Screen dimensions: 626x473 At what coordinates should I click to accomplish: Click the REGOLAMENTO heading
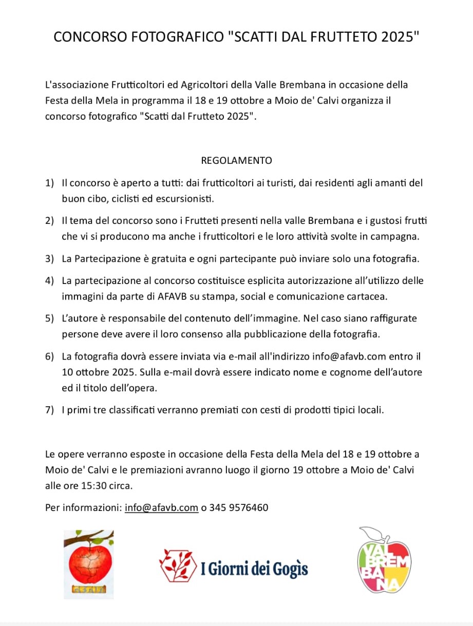tap(236, 160)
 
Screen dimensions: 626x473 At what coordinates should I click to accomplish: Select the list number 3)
tap(49, 259)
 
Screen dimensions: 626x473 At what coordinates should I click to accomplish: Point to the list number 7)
tap(49, 410)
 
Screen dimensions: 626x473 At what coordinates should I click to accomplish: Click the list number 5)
tap(49, 318)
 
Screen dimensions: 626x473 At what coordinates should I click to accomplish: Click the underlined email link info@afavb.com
tap(162, 508)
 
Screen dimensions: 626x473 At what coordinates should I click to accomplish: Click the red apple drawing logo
tap(88, 564)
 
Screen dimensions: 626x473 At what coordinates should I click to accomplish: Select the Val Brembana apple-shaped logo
tap(385, 561)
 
